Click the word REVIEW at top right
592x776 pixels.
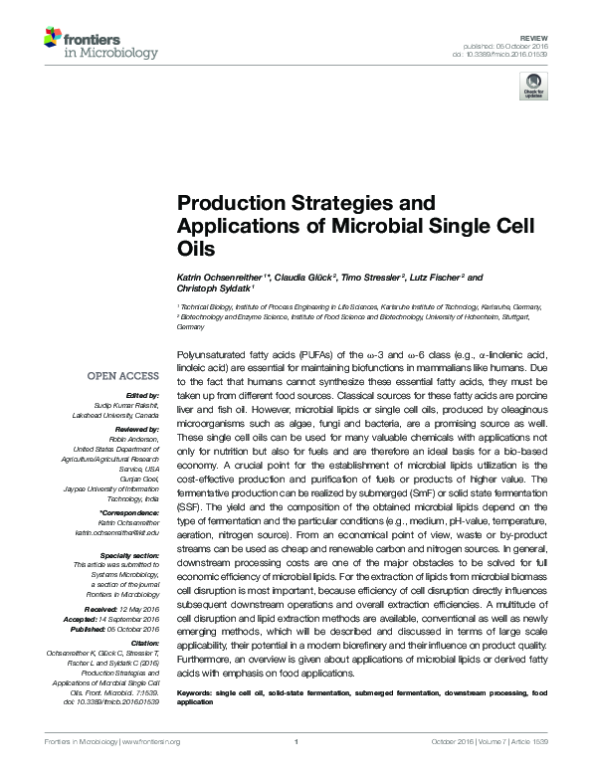pos(550,34)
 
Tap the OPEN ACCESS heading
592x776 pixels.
pos(123,376)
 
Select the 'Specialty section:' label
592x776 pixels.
pos(128,554)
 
